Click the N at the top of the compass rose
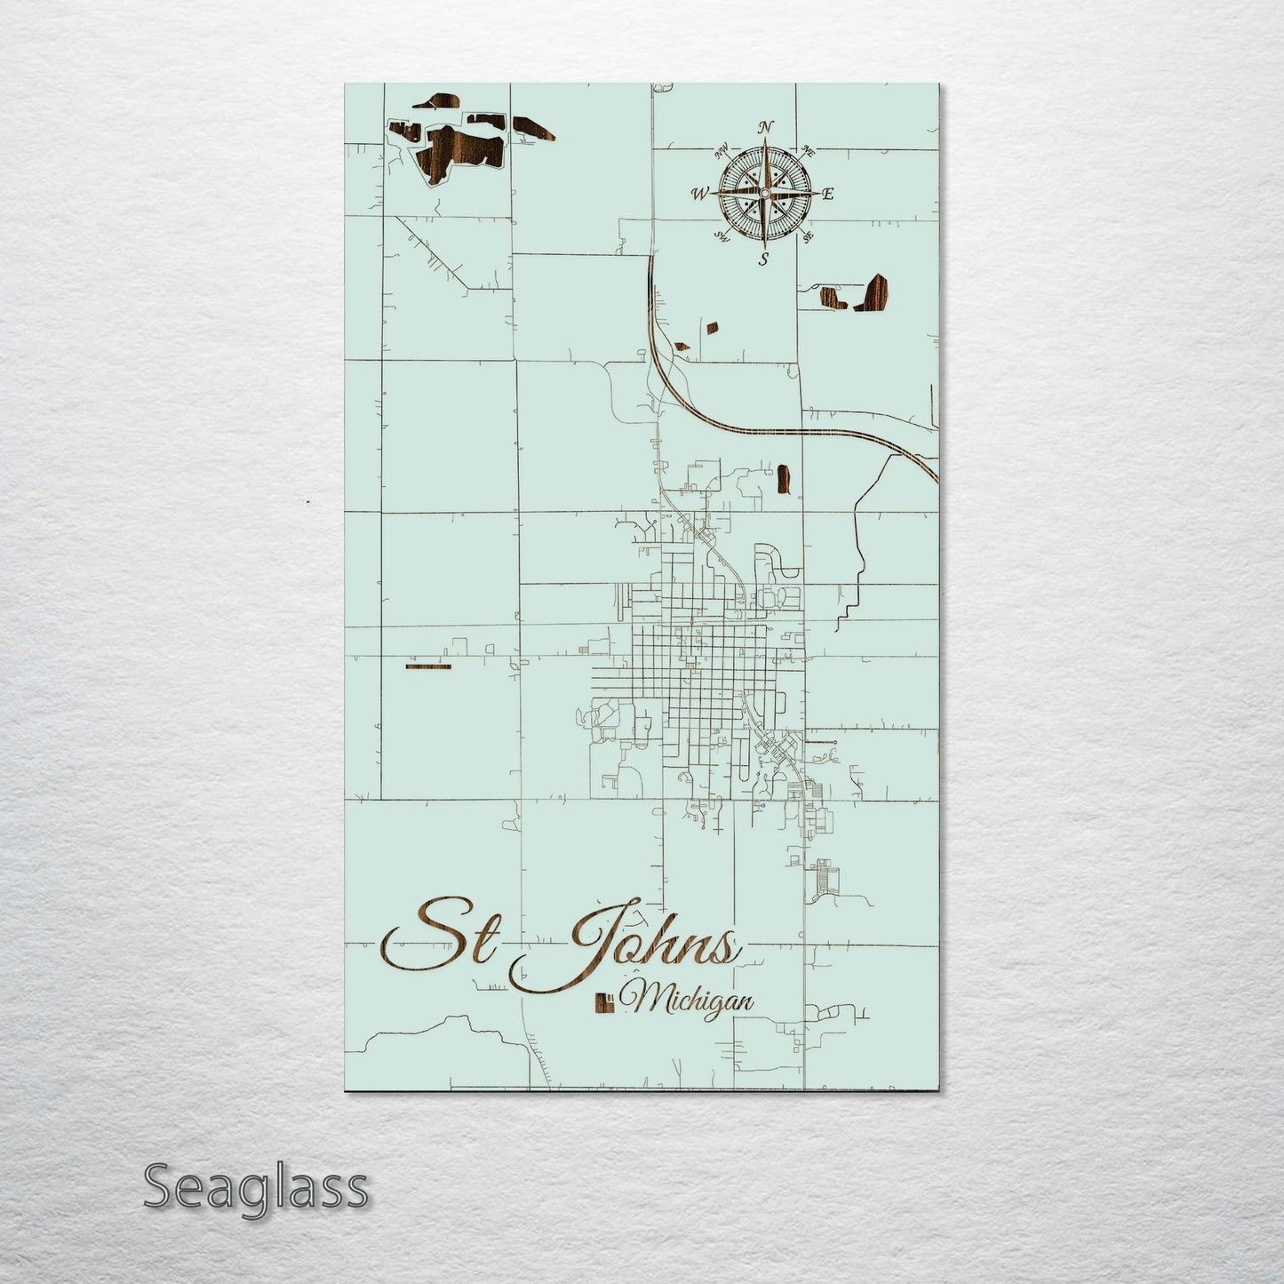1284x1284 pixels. click(765, 127)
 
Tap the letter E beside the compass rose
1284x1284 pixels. click(827, 193)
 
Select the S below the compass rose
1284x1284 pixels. click(763, 259)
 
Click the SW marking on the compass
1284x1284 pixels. click(722, 237)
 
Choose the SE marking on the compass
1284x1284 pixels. click(808, 237)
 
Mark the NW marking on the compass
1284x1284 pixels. click(722, 148)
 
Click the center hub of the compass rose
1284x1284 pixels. click(764, 192)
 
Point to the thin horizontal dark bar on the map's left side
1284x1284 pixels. click(427, 666)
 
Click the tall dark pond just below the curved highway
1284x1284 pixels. click(783, 477)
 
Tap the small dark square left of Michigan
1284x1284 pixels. click(602, 1001)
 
